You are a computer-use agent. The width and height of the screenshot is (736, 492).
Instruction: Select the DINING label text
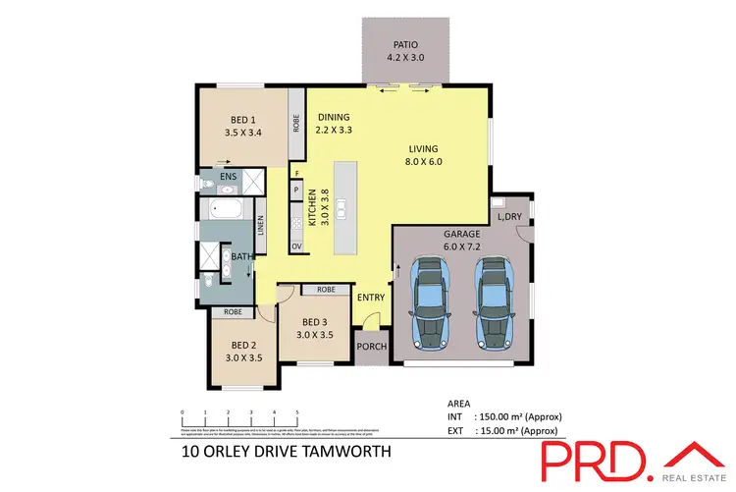tap(333, 123)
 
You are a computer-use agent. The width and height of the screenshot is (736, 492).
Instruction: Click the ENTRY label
tap(371, 298)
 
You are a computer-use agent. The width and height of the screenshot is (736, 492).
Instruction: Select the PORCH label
tap(371, 346)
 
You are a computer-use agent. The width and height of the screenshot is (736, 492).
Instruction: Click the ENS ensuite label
tap(228, 178)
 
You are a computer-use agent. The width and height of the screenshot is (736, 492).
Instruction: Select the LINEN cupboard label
tap(260, 228)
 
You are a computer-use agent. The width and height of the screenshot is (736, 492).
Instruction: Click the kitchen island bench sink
tap(342, 208)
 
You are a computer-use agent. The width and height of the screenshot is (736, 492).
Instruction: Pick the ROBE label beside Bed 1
tap(295, 125)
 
